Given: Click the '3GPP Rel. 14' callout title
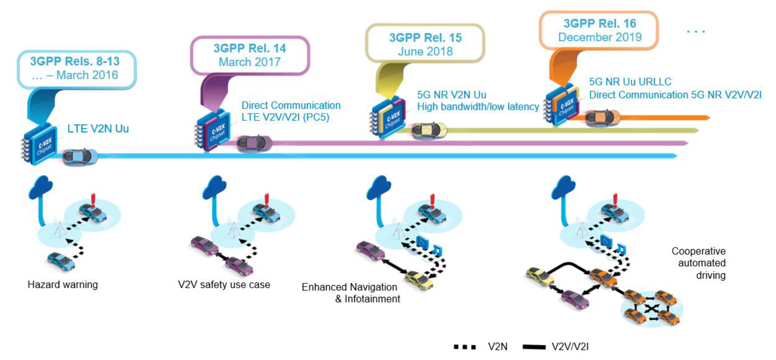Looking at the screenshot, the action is pyautogui.click(x=250, y=48).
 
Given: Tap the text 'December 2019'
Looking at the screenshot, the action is pyautogui.click(x=600, y=37).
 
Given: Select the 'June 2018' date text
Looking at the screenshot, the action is pyautogui.click(x=425, y=51).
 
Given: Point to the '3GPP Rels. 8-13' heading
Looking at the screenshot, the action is pyautogui.click(x=75, y=61).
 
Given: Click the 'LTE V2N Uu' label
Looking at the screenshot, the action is pyautogui.click(x=98, y=129).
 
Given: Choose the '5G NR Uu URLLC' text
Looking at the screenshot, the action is pyautogui.click(x=630, y=82).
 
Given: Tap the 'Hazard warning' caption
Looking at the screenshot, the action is pyautogui.click(x=63, y=285).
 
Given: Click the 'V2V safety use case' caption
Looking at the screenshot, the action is pyautogui.click(x=224, y=285).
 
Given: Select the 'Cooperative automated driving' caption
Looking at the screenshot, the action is pyautogui.click(x=698, y=263).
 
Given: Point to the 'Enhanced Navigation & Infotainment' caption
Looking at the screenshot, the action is pyautogui.click(x=351, y=293).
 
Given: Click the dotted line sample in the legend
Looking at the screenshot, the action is pyautogui.click(x=465, y=347).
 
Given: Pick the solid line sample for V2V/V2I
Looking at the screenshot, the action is pyautogui.click(x=534, y=347).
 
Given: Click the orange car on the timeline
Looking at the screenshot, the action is pyautogui.click(x=602, y=117).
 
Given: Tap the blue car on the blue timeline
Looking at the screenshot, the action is pyautogui.click(x=80, y=157).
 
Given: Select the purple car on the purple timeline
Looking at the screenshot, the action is pyautogui.click(x=254, y=143).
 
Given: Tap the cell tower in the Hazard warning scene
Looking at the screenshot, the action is pyautogui.click(x=59, y=228).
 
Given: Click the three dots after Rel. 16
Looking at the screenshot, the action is pyautogui.click(x=696, y=32).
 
